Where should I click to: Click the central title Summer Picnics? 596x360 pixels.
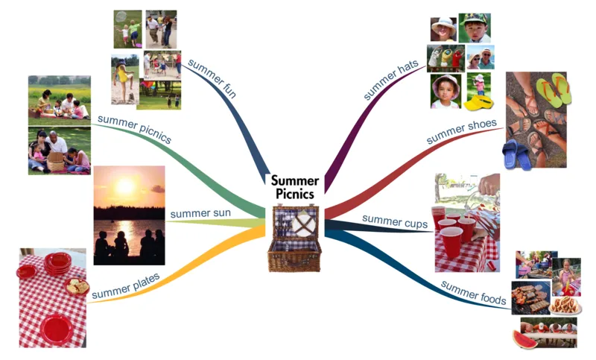295,187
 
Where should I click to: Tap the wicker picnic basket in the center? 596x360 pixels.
295,239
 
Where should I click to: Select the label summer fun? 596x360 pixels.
212,79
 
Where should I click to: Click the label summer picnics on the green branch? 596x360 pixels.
135,129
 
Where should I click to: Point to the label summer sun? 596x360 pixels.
200,213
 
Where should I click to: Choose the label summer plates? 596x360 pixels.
126,286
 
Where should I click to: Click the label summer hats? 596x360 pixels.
390,80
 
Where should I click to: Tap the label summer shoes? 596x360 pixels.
461,131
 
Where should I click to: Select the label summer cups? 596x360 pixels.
395,221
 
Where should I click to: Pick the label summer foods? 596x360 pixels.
474,293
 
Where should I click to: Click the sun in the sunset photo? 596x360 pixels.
125,186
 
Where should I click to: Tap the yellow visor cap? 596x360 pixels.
478,103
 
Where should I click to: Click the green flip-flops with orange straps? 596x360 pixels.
554,89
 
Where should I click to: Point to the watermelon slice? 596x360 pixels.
525,339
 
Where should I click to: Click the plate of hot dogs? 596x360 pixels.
565,305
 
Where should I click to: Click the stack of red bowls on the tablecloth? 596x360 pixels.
57,263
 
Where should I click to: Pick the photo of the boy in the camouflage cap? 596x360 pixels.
475,28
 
